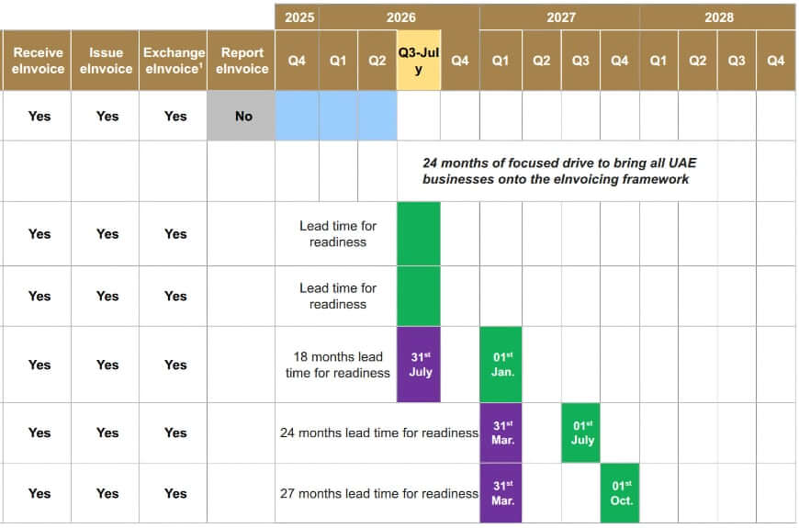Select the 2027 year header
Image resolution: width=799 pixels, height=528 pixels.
(561, 17)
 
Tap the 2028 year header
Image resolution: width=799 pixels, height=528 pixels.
(719, 17)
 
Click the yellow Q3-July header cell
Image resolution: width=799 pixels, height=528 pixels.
(419, 61)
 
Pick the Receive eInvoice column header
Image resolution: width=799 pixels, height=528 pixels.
(39, 61)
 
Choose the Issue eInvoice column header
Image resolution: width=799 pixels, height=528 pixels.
(106, 61)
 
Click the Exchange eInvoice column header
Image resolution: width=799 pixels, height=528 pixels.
(174, 61)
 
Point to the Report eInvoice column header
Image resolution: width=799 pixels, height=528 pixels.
(242, 61)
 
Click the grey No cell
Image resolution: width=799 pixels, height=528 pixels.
(242, 117)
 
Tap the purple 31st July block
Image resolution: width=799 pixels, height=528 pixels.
(419, 365)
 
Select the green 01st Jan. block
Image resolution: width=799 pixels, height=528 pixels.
(501, 365)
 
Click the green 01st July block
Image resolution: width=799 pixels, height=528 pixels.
(581, 433)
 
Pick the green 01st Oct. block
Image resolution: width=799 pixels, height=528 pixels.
(621, 493)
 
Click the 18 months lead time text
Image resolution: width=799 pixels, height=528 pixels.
(337, 365)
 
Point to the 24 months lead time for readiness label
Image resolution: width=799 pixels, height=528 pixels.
(378, 433)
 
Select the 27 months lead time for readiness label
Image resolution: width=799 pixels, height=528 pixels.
(378, 493)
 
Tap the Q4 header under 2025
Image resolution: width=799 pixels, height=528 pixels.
(298, 61)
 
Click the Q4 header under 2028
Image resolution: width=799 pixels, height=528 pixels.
(776, 61)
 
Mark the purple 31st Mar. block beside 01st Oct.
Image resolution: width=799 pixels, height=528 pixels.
(501, 493)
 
